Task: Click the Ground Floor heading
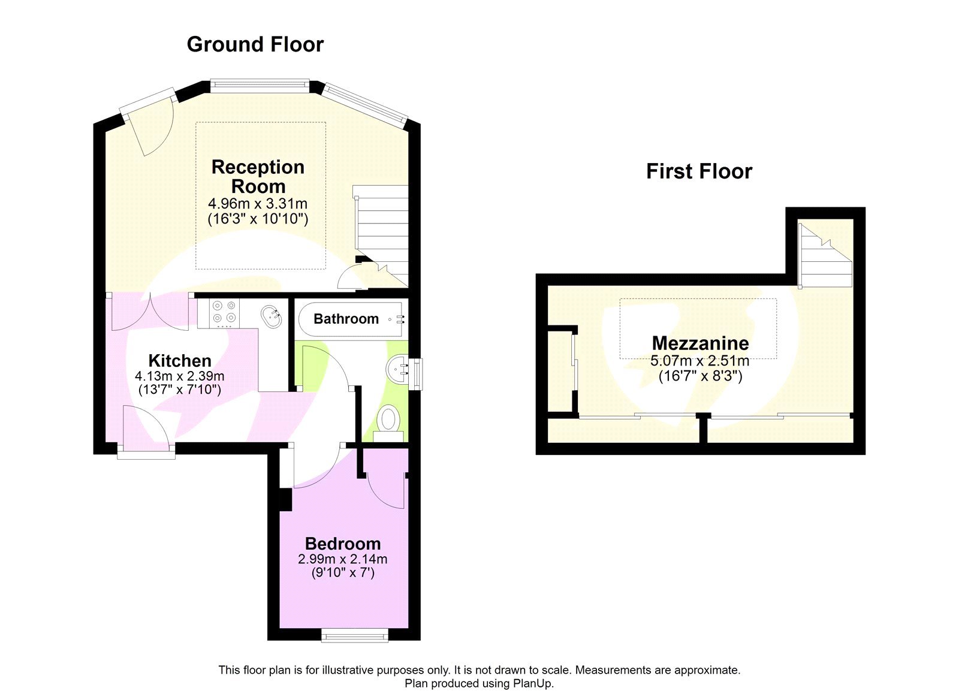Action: (255, 44)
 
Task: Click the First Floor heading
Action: (698, 171)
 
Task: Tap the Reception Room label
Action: (258, 176)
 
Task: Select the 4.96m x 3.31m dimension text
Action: (258, 204)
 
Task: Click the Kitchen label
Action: (180, 361)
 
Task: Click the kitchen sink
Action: (272, 316)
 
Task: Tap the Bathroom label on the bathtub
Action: (346, 319)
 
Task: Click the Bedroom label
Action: (343, 544)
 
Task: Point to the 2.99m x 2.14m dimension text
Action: (343, 559)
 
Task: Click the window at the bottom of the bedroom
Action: (354, 635)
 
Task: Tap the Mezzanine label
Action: (700, 343)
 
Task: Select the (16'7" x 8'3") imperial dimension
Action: (700, 376)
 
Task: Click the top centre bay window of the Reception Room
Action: (260, 86)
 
